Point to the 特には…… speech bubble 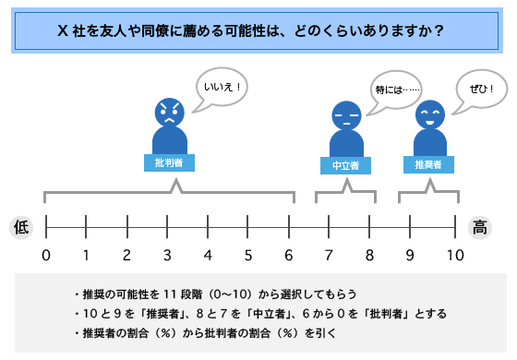coord(397,90)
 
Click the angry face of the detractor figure coord(169,114)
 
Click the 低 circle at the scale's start coord(21,225)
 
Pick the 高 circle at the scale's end coord(480,225)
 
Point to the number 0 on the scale coord(45,255)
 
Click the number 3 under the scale coord(167,255)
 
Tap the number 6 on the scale coord(289,255)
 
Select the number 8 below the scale coord(370,255)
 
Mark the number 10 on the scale coord(454,255)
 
